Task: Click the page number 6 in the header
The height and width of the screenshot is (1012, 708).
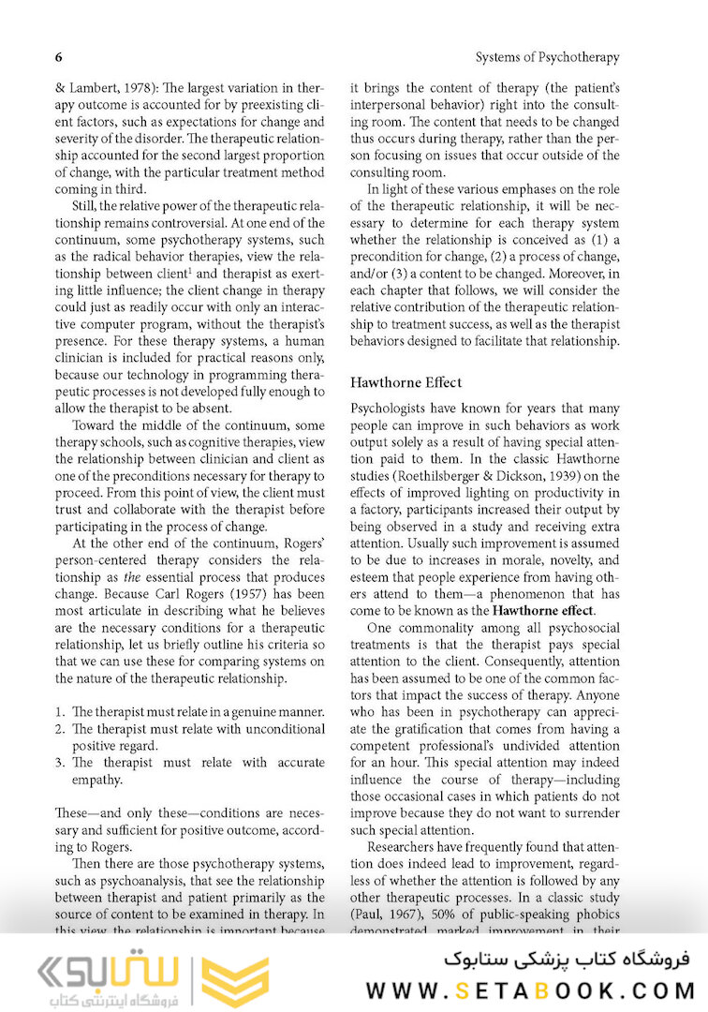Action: click(59, 57)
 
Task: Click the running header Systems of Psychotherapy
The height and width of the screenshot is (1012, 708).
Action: click(547, 57)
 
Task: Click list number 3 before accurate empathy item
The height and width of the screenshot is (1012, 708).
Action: click(60, 763)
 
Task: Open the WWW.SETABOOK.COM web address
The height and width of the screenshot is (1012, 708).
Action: click(530, 990)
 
